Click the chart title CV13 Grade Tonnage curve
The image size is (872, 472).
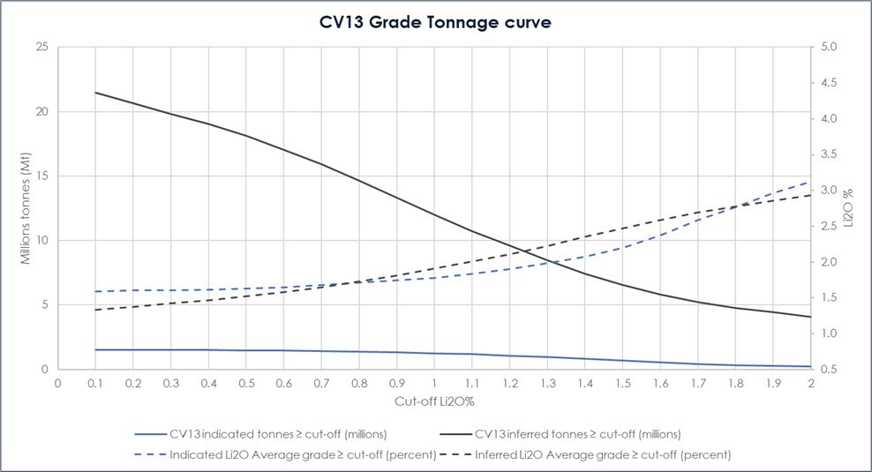[x=435, y=23]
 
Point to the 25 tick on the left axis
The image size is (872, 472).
[x=41, y=47]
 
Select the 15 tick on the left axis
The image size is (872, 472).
[x=41, y=176]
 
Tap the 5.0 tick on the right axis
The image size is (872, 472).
[x=831, y=47]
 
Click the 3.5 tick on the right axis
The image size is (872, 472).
[x=831, y=154]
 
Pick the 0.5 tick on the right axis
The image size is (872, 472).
[x=831, y=370]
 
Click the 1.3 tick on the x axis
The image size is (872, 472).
[x=547, y=384]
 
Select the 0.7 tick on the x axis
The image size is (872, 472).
[x=321, y=384]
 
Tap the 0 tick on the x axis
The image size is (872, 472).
[x=57, y=384]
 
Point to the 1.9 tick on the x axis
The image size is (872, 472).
[x=773, y=384]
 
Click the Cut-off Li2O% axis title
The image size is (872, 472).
[x=433, y=402]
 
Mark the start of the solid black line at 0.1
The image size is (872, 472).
[x=95, y=93]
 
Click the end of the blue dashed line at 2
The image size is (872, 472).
[x=810, y=182]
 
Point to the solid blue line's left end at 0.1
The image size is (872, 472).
[x=95, y=350]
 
